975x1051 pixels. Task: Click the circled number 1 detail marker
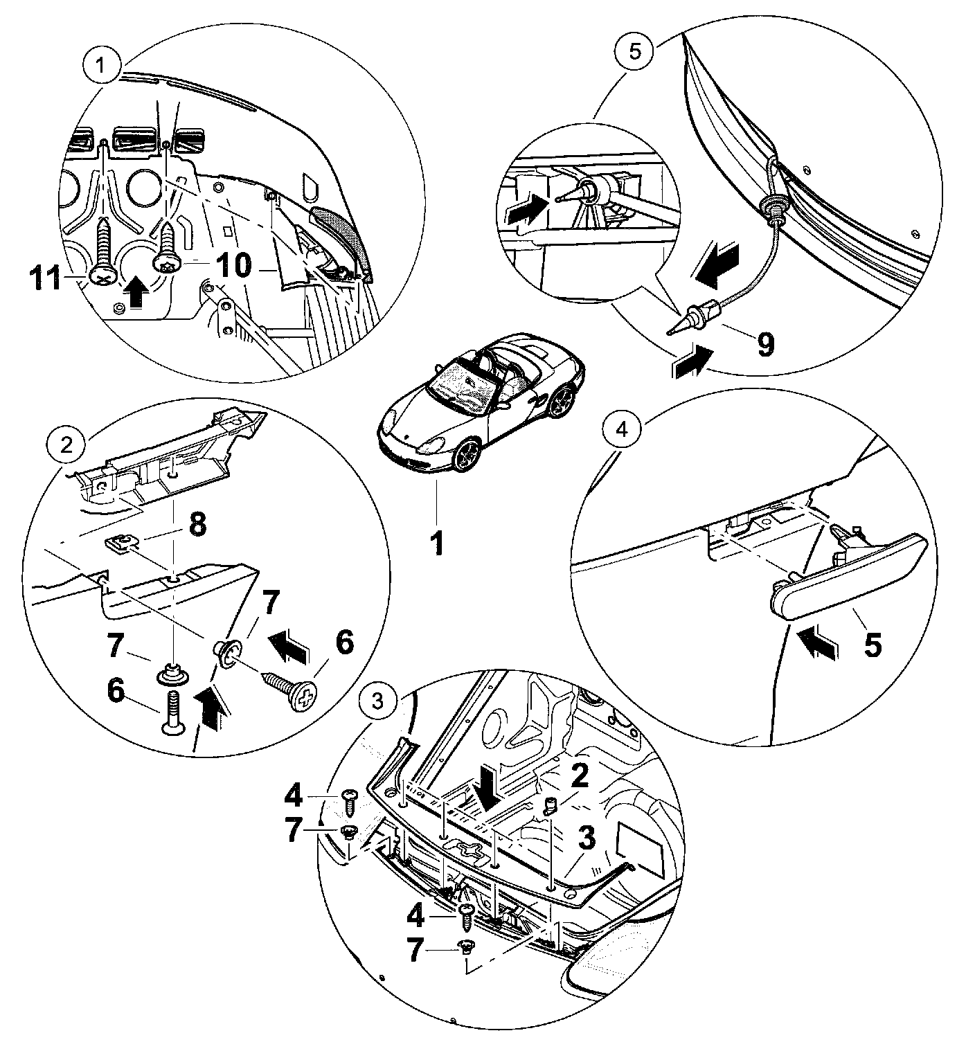101,66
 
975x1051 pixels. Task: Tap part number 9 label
764,344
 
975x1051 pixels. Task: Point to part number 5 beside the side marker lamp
872,645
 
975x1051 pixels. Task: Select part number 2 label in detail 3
579,775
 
